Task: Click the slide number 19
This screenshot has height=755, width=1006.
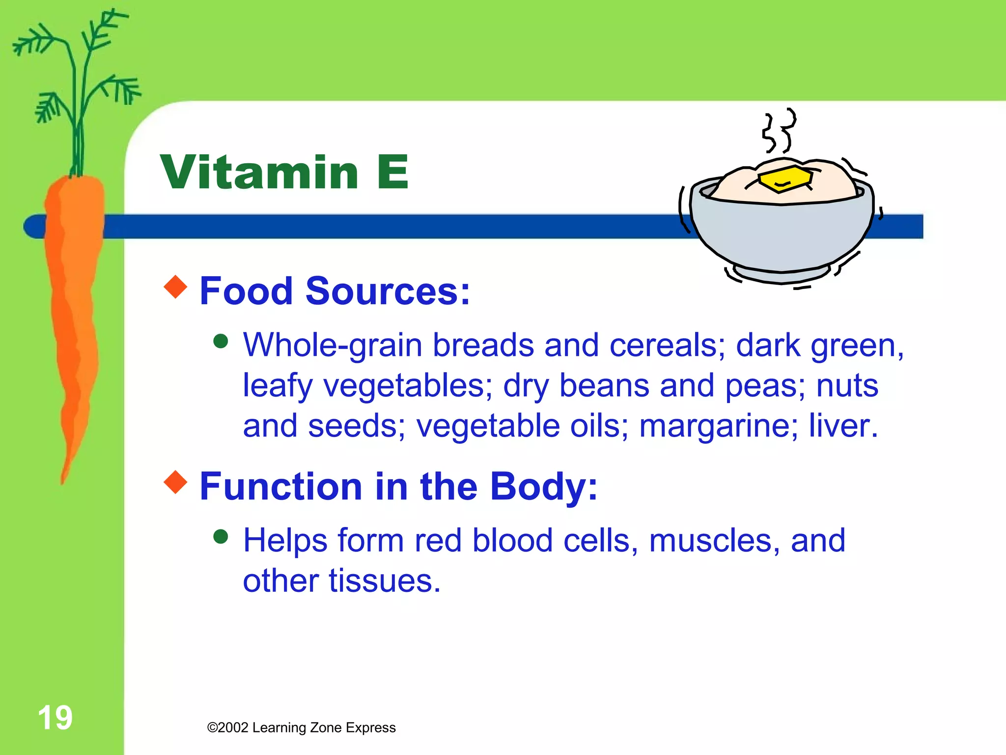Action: click(55, 717)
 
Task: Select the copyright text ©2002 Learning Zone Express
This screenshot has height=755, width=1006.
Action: click(301, 727)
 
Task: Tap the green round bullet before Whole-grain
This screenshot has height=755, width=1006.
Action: click(221, 341)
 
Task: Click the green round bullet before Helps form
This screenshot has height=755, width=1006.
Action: click(221, 536)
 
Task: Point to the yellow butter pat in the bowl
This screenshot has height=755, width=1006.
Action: click(784, 179)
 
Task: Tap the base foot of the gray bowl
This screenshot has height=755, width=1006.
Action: click(781, 275)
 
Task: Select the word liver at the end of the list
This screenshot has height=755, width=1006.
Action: click(843, 426)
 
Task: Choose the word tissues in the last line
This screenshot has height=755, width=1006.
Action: click(384, 581)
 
